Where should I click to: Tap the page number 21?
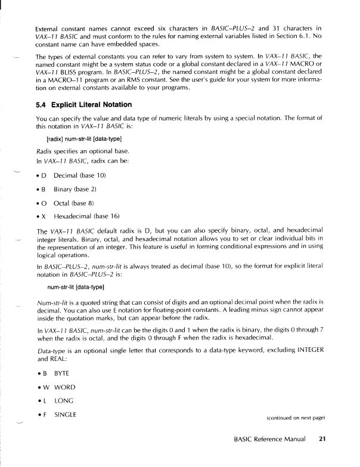[x=322, y=440]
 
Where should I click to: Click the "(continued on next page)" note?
[x=295, y=419]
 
